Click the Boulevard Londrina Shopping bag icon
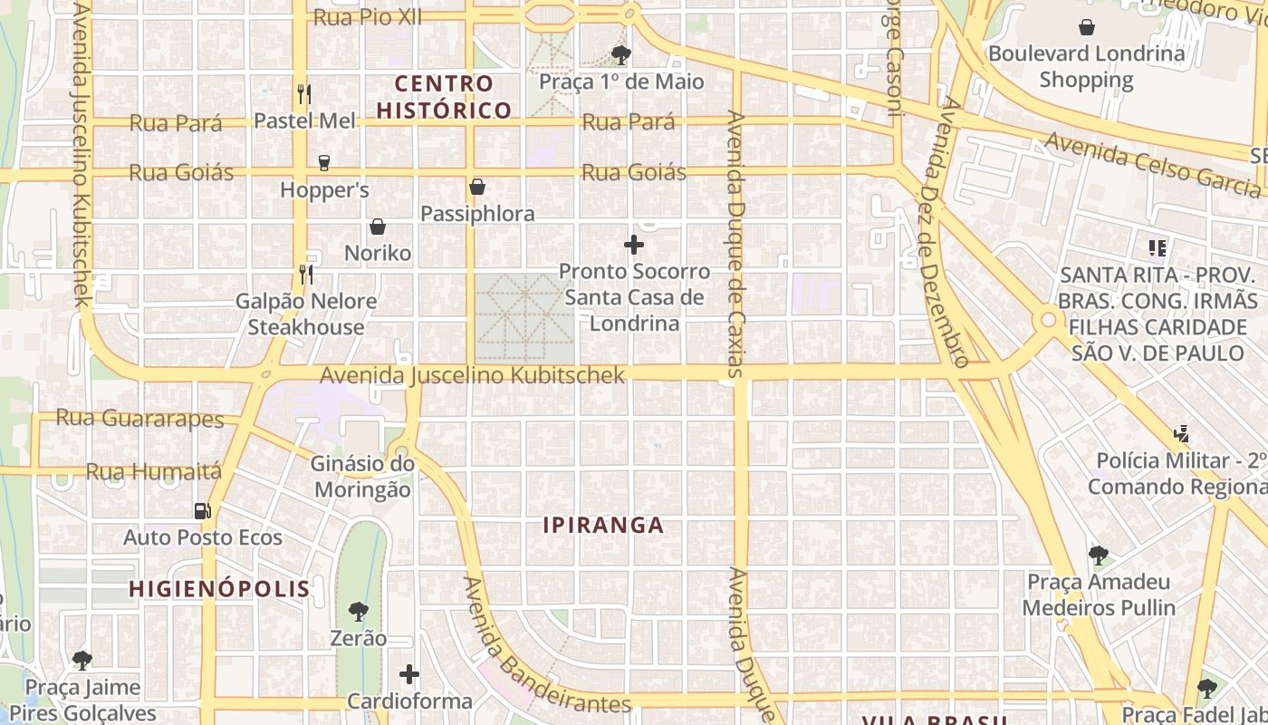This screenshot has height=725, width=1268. (1086, 27)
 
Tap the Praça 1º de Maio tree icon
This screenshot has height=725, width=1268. (620, 55)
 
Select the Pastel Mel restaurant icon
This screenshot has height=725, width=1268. (304, 93)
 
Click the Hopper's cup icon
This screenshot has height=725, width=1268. (323, 163)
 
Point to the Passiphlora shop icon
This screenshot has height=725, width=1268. (477, 188)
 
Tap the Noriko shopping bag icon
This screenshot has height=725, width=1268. (378, 227)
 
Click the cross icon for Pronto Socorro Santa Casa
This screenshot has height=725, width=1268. (634, 245)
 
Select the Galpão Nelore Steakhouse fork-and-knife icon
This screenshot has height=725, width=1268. (306, 274)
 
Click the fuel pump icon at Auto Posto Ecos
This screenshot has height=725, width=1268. (203, 511)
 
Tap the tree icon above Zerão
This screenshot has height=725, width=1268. (359, 612)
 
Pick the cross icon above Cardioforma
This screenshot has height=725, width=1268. (409, 674)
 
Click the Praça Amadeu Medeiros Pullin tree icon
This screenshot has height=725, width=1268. (1099, 555)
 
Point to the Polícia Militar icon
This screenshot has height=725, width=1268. (1181, 434)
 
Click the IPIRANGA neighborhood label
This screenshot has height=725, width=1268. (604, 525)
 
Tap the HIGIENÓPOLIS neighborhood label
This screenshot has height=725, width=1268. (219, 589)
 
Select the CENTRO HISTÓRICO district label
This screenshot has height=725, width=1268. (444, 97)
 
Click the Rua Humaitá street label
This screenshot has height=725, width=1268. (153, 471)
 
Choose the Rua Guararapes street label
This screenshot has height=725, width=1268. (139, 418)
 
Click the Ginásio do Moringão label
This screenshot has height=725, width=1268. (362, 477)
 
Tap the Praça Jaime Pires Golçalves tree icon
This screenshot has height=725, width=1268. (82, 660)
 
